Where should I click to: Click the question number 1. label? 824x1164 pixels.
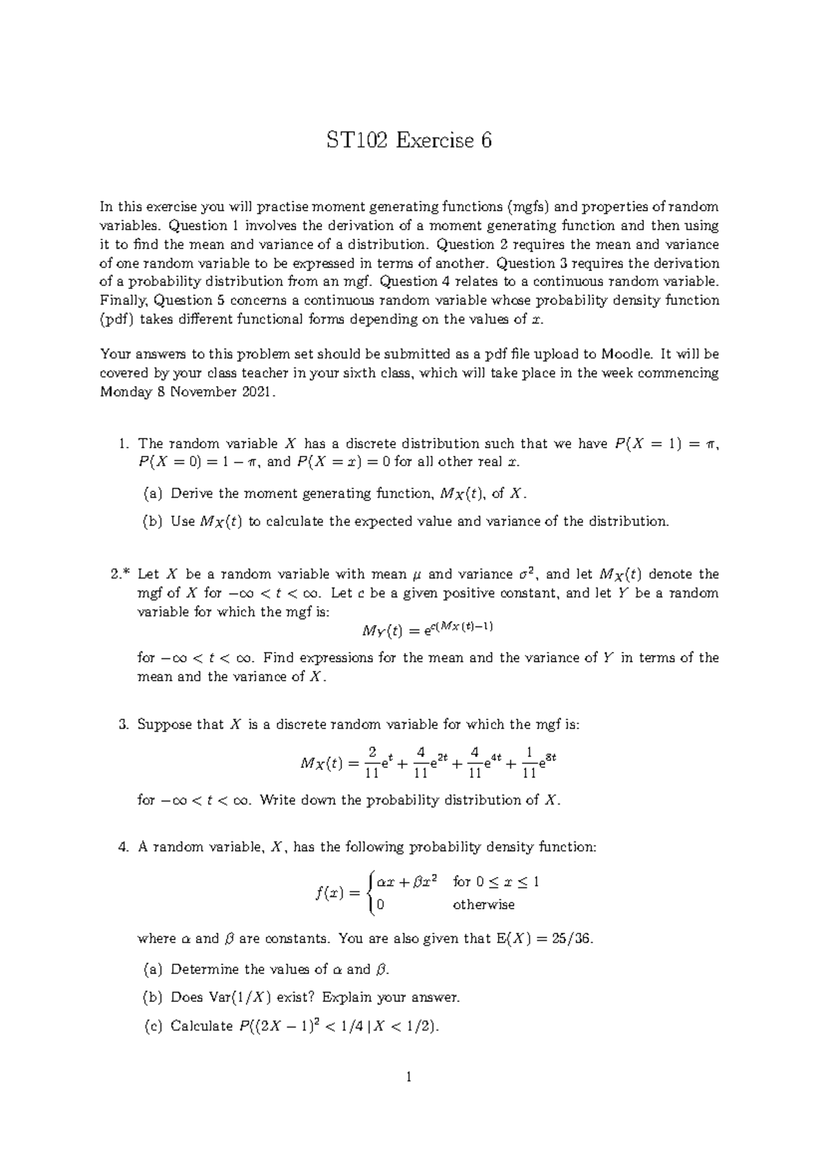(x=124, y=444)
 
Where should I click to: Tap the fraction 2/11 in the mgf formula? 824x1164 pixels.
(x=372, y=763)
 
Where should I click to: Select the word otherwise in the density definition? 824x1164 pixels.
(x=483, y=905)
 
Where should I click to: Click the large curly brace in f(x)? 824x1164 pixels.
(x=371, y=893)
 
